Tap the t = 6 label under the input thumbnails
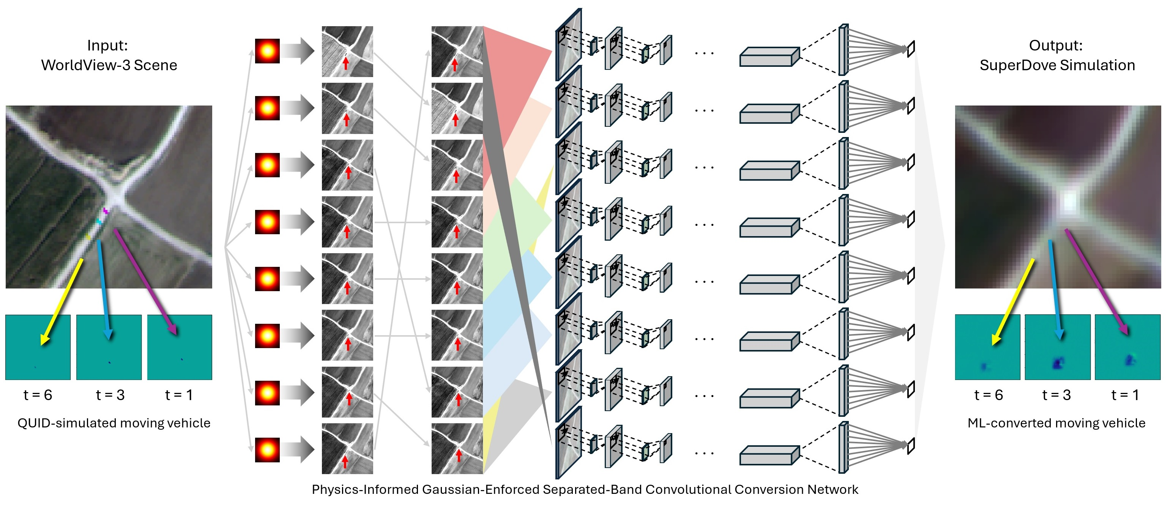pyautogui.click(x=38, y=395)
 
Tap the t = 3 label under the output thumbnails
pyautogui.click(x=1056, y=395)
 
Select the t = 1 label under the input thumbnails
pyautogui.click(x=179, y=395)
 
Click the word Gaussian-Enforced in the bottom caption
pyautogui.click(x=481, y=490)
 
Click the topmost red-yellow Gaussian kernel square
pyautogui.click(x=267, y=51)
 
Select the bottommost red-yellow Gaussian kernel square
pyautogui.click(x=267, y=449)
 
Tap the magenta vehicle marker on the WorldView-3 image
pyautogui.click(x=106, y=211)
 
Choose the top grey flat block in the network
pyautogui.click(x=769, y=57)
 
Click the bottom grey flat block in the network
pyautogui.click(x=769, y=456)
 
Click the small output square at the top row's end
pyautogui.click(x=911, y=49)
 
